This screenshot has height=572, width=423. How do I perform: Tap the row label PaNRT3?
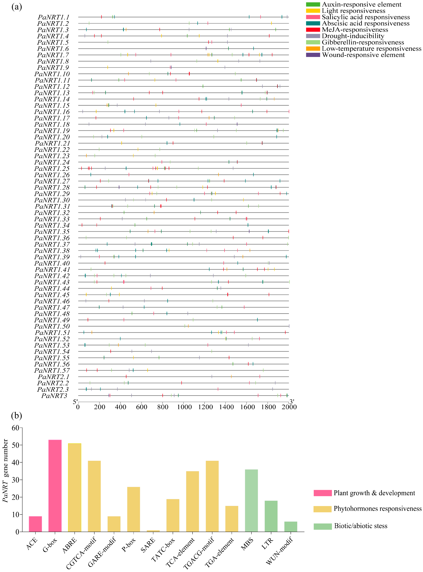54,396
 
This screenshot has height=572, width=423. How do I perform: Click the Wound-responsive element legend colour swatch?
313,55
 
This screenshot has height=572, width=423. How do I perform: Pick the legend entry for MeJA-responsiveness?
355,30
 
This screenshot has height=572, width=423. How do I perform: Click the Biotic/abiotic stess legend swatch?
322,526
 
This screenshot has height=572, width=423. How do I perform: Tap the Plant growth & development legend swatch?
322,493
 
